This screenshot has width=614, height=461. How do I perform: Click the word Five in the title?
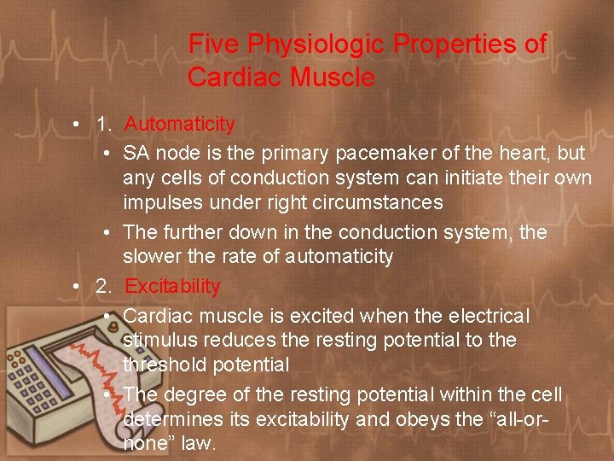213,44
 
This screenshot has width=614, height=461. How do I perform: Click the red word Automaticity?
179,125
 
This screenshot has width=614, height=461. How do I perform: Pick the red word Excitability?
172,287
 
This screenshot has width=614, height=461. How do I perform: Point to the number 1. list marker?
105,125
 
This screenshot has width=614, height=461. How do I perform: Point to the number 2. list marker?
105,287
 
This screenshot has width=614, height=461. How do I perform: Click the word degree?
195,394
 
